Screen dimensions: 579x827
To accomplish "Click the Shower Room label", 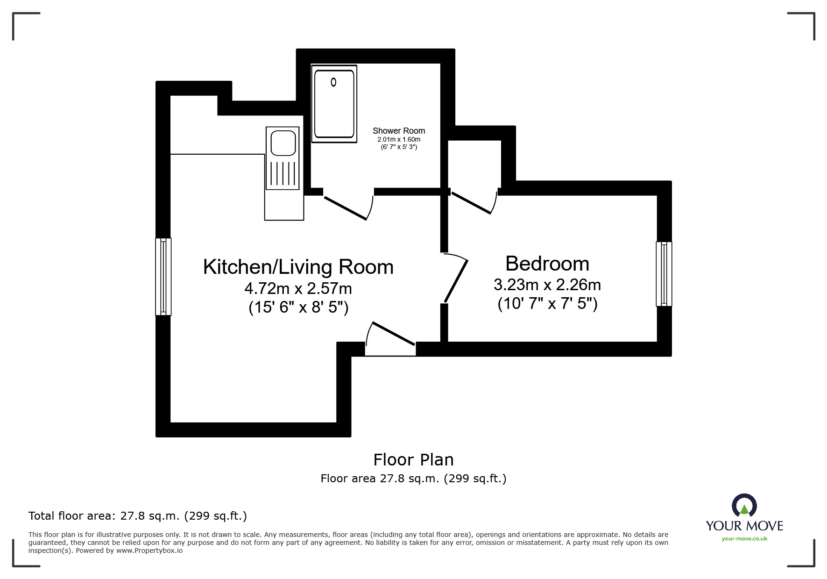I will (398, 131).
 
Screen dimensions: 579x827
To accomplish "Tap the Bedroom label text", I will (547, 264).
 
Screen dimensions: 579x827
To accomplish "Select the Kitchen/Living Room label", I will (298, 267).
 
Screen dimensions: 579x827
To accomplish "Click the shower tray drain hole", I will (333, 82).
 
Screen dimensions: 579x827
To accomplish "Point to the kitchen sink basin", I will (283, 143).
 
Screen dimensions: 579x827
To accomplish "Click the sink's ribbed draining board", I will (283, 174).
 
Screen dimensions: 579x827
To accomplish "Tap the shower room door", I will (346, 207).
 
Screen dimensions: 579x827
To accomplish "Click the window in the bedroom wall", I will (664, 274).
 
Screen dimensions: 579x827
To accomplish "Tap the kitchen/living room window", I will (163, 276).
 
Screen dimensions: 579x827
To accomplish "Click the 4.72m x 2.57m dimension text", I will (298, 288).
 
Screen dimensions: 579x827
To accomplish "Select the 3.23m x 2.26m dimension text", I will (547, 285).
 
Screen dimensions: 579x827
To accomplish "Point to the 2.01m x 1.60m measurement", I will (398, 140).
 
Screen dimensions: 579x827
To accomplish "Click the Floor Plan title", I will (413, 460).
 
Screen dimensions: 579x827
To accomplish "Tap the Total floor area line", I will (137, 516).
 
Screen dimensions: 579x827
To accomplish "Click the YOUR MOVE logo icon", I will (743, 506).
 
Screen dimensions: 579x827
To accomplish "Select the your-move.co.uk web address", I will (744, 539).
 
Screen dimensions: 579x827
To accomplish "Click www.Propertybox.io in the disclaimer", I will (149, 550).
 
